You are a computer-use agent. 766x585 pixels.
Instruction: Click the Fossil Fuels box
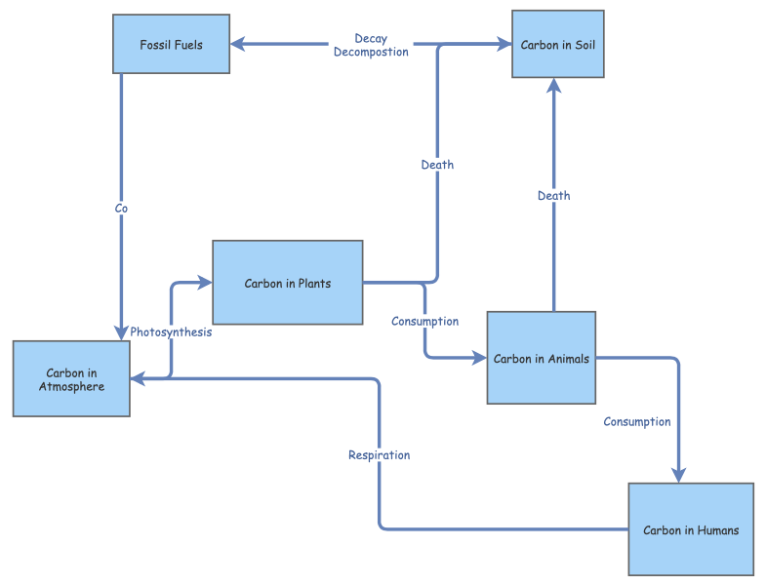(172, 44)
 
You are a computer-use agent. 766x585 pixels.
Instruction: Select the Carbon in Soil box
(558, 44)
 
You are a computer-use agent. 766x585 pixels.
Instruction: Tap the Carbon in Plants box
(288, 283)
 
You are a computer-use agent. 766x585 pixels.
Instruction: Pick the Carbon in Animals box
(542, 358)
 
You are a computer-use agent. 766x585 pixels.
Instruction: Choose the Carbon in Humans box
(691, 529)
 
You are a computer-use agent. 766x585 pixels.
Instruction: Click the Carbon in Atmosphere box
(71, 379)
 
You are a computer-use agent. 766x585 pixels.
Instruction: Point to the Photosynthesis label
(172, 331)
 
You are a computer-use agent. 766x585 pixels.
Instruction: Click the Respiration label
(379, 454)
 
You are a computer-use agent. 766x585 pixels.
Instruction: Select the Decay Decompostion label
(371, 45)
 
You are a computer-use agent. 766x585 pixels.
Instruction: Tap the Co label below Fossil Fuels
(121, 208)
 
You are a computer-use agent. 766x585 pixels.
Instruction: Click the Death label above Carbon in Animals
(553, 195)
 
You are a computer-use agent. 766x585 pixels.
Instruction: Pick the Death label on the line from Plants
(437, 164)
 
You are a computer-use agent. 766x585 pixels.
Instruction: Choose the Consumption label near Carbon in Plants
(424, 321)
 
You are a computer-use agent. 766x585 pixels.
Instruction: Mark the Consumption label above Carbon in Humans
(637, 421)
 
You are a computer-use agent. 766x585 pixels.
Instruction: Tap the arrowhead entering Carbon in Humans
(678, 474)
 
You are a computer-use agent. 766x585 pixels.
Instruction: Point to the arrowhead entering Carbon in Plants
(205, 283)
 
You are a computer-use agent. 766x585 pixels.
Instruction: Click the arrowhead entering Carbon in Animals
(479, 358)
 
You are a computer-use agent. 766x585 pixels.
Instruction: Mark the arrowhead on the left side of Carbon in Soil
(504, 44)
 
